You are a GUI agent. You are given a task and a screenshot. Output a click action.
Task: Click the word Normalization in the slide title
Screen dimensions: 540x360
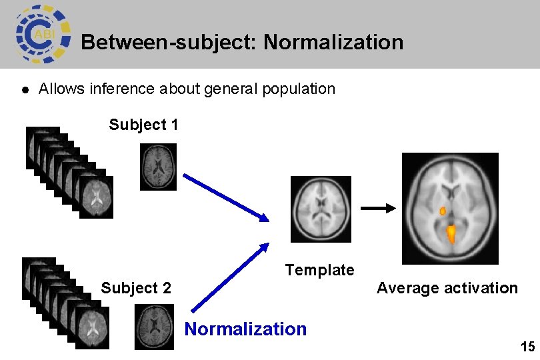click(x=333, y=43)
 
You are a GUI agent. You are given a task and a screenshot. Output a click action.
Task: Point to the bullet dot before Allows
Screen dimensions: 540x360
click(x=24, y=89)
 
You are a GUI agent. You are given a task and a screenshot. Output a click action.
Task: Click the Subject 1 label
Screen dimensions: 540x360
click(x=143, y=125)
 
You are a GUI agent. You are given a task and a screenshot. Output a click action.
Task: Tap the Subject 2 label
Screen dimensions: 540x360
click(x=135, y=288)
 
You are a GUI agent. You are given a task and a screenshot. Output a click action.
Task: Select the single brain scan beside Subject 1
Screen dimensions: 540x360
click(x=159, y=167)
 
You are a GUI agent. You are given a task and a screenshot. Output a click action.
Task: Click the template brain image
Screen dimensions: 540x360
click(x=321, y=209)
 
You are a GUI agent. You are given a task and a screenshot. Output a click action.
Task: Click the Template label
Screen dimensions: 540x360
click(x=319, y=270)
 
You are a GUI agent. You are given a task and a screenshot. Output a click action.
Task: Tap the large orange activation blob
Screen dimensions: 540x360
click(x=451, y=234)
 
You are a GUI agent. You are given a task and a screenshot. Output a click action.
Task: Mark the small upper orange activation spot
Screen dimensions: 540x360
click(x=443, y=211)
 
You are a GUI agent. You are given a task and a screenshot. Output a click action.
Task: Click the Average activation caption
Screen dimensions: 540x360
click(x=447, y=288)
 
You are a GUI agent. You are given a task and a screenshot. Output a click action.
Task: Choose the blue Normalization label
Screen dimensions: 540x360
click(x=245, y=329)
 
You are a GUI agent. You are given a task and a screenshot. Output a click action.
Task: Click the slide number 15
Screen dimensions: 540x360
click(x=527, y=347)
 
